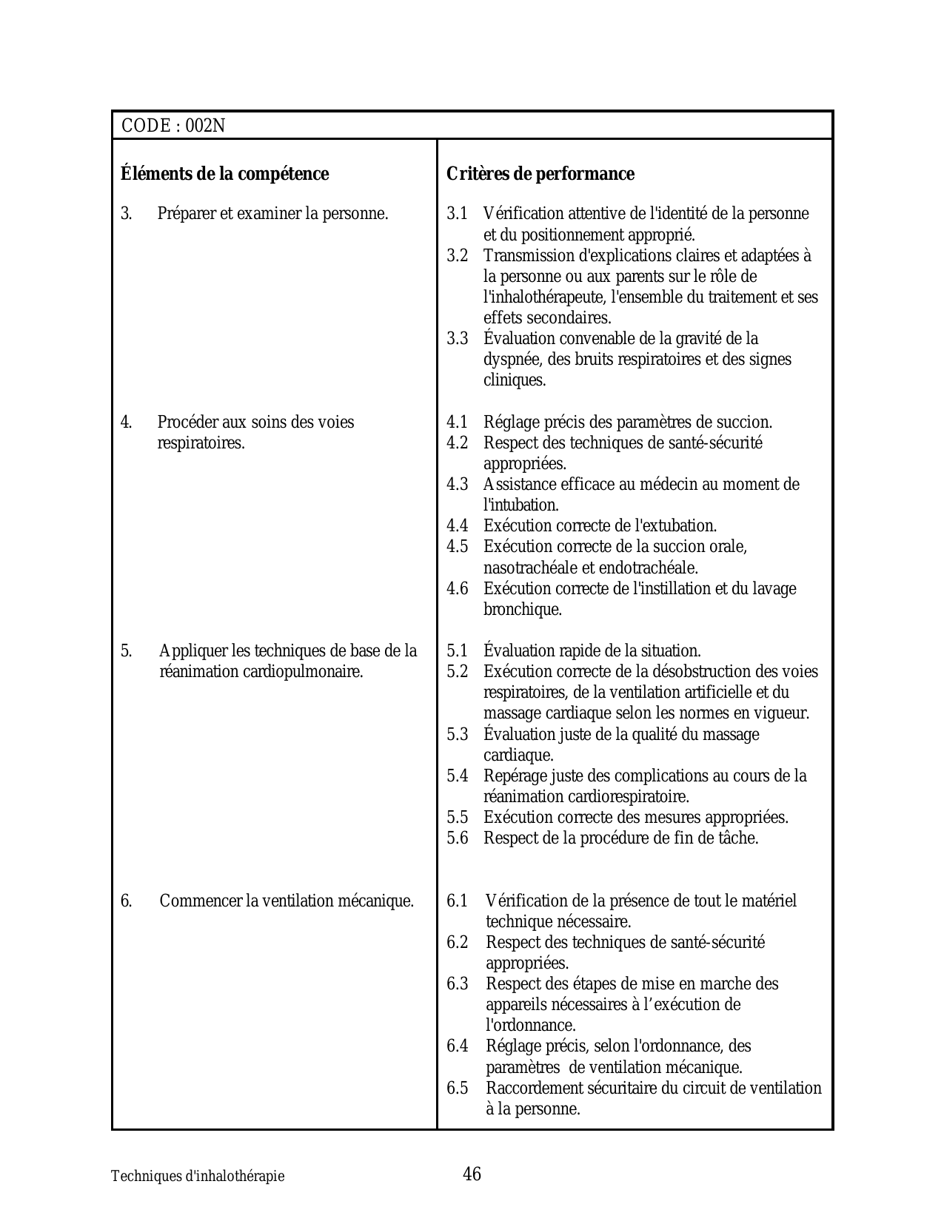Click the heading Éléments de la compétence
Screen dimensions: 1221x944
click(224, 174)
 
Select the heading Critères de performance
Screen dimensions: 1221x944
click(540, 174)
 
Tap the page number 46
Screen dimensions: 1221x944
click(472, 1174)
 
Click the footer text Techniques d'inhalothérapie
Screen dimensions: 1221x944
click(198, 1176)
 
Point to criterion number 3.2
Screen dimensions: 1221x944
click(458, 255)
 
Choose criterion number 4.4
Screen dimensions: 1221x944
click(458, 526)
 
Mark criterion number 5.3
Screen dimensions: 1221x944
click(458, 734)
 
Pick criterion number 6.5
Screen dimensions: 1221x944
click(458, 1088)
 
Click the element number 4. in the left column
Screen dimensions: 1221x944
click(127, 423)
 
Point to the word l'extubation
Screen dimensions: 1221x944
click(676, 526)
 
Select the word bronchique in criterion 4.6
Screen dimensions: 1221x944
click(522, 610)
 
